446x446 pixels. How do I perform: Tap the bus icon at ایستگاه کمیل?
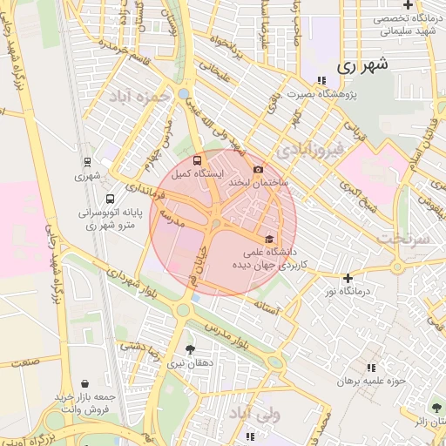pyautogui.click(x=196, y=161)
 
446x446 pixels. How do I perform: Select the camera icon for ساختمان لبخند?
pyautogui.click(x=257, y=170)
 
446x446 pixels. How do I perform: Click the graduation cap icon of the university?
pyautogui.click(x=269, y=239)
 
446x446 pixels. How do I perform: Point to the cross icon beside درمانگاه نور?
pyautogui.click(x=348, y=278)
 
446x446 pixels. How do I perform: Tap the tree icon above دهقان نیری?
pyautogui.click(x=191, y=350)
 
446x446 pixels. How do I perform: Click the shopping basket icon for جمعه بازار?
pyautogui.click(x=84, y=383)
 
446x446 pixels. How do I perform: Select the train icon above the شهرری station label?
pyautogui.click(x=87, y=161)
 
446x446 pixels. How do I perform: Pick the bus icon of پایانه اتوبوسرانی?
pyautogui.click(x=109, y=198)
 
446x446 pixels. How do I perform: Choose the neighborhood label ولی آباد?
pyautogui.click(x=253, y=413)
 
